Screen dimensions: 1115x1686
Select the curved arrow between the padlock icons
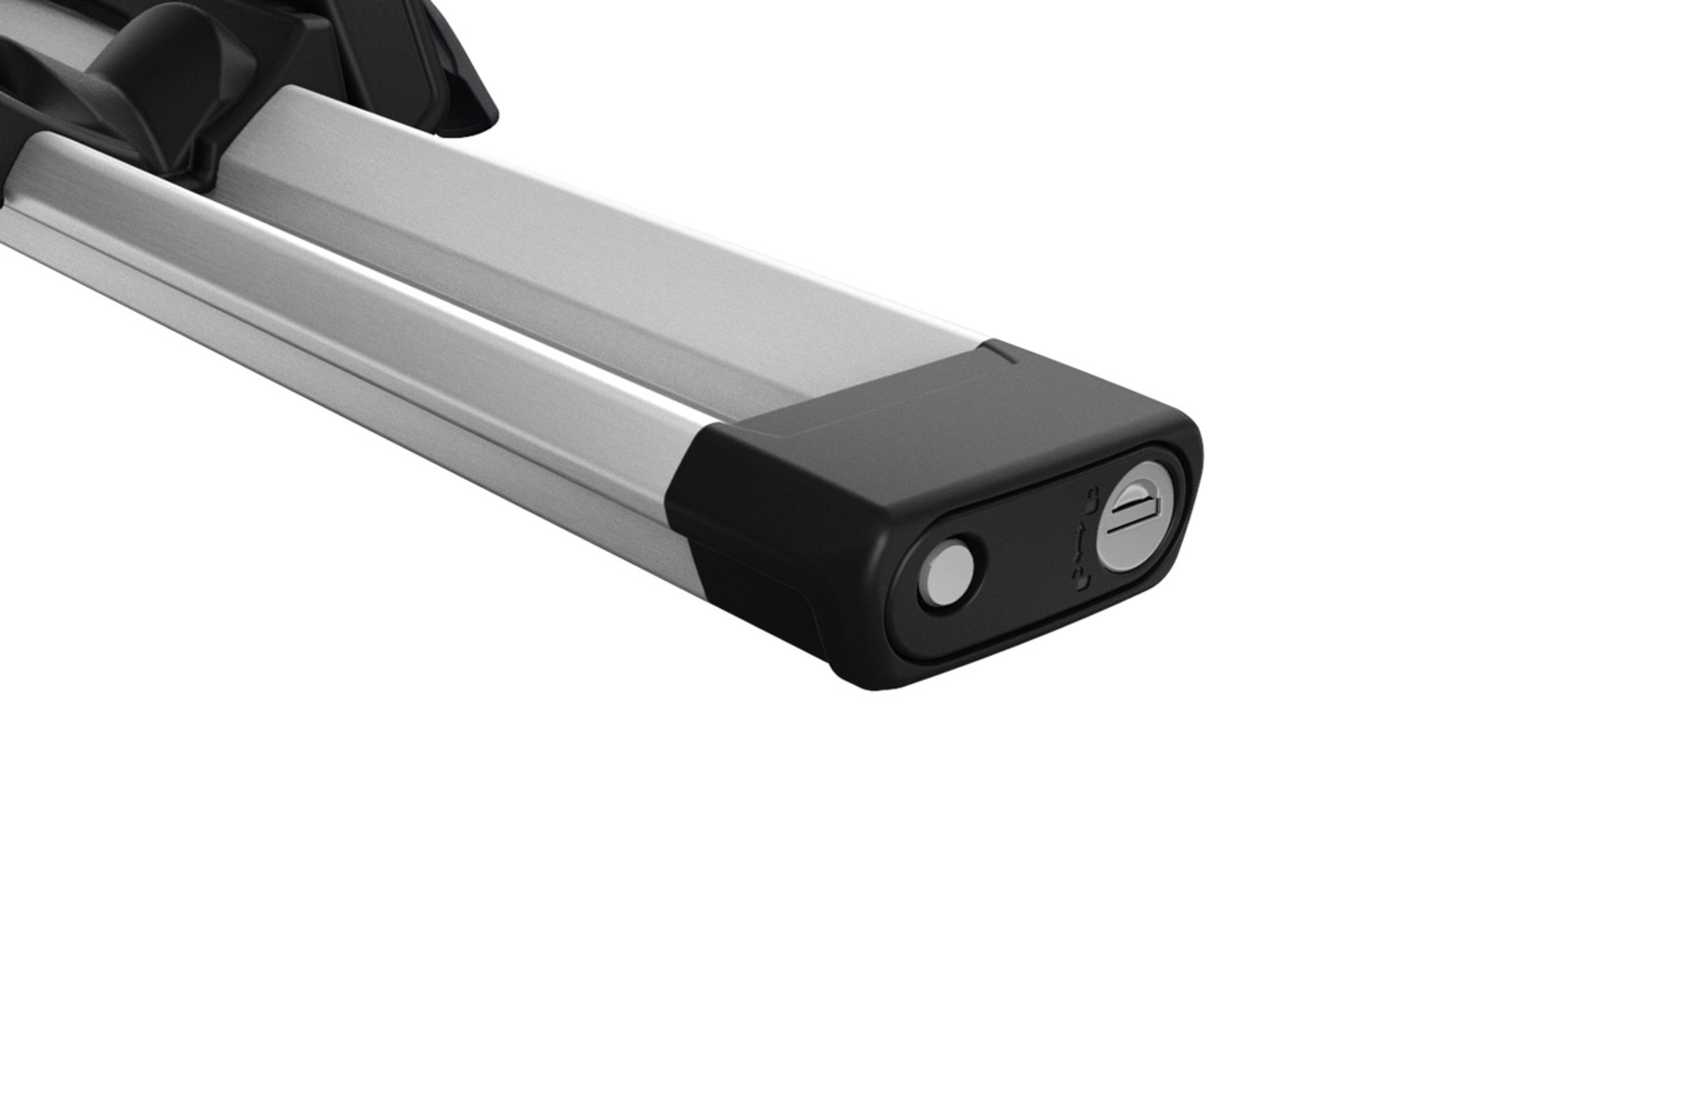[1082, 542]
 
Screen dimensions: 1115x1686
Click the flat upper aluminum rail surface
[609, 234]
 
